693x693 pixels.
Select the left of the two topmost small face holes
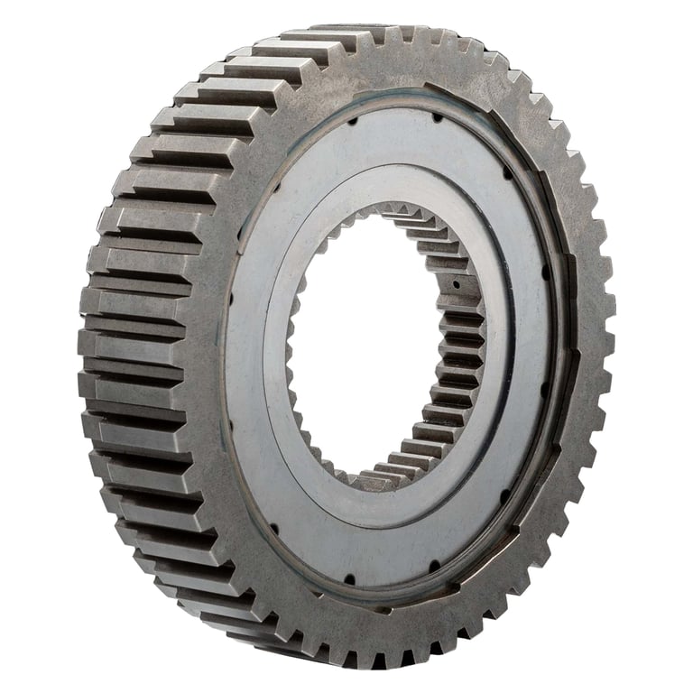point(354,118)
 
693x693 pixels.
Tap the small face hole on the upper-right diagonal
point(508,171)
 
